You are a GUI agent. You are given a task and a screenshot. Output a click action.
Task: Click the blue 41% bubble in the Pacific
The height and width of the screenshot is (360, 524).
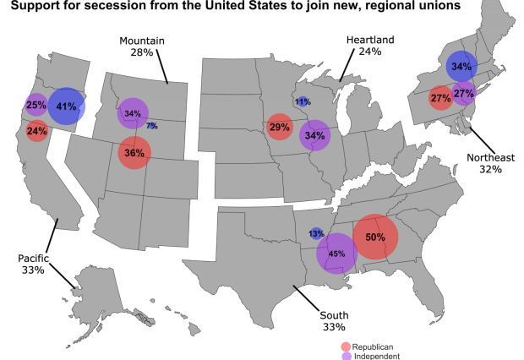[x=66, y=107]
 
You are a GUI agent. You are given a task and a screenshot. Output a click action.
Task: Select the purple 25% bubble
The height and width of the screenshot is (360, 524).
[x=36, y=106]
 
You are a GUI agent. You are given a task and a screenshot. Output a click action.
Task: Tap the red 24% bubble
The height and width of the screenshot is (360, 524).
[x=36, y=131]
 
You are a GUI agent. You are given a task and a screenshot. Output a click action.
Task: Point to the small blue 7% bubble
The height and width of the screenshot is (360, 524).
[x=151, y=126]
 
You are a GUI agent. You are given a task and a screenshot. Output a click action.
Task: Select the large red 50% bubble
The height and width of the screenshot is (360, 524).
[x=375, y=237]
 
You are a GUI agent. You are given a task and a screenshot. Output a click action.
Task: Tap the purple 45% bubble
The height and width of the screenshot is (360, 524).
[x=336, y=253]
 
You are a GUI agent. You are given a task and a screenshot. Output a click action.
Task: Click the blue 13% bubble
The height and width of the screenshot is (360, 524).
[x=316, y=233]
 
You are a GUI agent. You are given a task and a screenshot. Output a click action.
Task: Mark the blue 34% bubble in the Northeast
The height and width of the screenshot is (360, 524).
[x=461, y=67]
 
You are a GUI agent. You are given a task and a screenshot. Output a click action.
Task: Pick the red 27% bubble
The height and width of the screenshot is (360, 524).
[x=440, y=98]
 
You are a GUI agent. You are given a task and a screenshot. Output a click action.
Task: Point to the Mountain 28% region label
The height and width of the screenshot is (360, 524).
[x=142, y=46]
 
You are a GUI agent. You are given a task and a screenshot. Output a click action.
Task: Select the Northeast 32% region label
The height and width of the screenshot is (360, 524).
[x=490, y=162]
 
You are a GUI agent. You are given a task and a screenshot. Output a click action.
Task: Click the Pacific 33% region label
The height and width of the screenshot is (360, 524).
[x=36, y=264]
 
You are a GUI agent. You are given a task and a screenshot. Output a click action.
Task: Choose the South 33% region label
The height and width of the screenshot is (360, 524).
[x=335, y=321]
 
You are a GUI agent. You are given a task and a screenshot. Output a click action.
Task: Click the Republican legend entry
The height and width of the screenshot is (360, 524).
[x=373, y=346]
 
